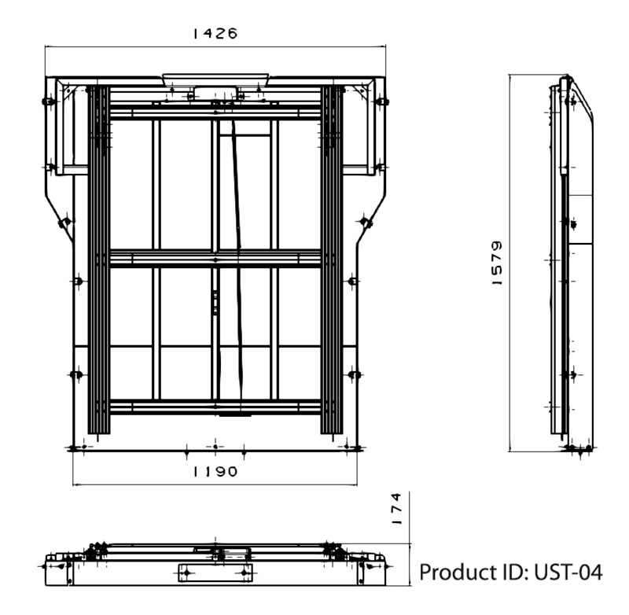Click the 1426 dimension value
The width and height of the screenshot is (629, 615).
pos(215,33)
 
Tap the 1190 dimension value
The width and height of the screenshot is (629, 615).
pos(215,471)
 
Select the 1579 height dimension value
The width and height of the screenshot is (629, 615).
pos(497,263)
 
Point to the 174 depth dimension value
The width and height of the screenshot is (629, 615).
pos(396,509)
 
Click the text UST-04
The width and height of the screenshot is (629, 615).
pos(568,573)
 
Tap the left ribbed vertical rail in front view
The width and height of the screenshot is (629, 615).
pos(99,260)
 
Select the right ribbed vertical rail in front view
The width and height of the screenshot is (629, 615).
pos(332,260)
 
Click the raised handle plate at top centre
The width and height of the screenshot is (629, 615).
pos(215,79)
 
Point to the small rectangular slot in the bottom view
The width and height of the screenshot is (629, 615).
pos(215,573)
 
